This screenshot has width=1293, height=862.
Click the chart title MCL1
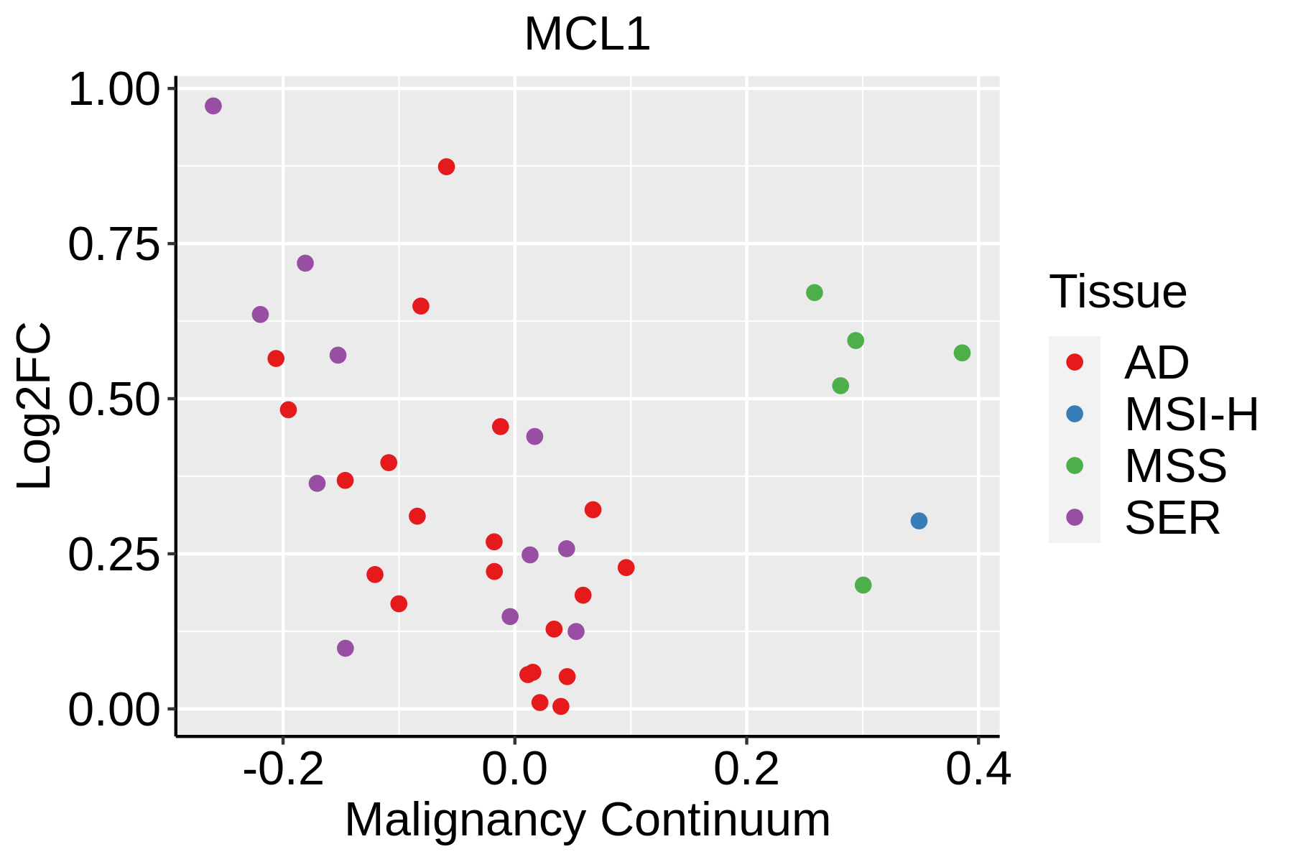click(587, 34)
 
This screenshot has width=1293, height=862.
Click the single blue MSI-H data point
click(919, 521)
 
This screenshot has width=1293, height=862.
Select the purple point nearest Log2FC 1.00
click(213, 106)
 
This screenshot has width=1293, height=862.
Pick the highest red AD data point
click(446, 167)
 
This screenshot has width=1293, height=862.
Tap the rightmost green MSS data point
click(962, 353)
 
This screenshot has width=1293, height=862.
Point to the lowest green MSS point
click(863, 585)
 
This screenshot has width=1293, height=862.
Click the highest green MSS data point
click(814, 293)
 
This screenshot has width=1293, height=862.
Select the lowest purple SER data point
click(346, 649)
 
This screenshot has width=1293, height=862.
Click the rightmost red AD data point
click(626, 568)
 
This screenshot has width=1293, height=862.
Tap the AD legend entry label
click(1156, 363)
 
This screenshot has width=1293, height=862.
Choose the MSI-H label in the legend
click(1191, 414)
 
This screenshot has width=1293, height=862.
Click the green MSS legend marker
click(1075, 465)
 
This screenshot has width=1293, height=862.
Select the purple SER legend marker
click(1075, 517)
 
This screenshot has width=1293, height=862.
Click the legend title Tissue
click(1118, 292)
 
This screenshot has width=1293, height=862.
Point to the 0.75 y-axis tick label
click(113, 245)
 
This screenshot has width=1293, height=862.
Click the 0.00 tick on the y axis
click(113, 710)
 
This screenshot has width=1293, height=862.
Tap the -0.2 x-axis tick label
click(282, 769)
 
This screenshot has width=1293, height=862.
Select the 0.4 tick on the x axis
click(978, 769)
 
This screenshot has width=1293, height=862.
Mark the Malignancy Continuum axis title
click(587, 820)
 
